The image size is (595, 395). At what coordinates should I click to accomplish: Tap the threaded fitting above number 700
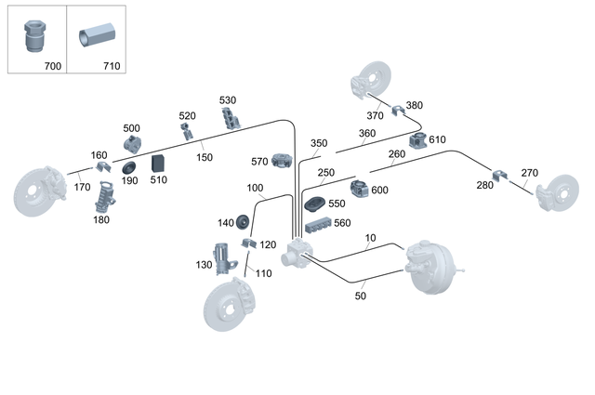(x=33, y=36)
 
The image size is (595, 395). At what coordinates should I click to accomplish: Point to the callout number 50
(x=361, y=296)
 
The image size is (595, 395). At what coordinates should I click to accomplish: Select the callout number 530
(x=228, y=100)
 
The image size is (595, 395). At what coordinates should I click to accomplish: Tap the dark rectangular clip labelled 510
(x=157, y=164)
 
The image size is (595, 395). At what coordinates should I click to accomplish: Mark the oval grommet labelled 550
(x=314, y=204)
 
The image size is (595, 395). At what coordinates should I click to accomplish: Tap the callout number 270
(x=529, y=173)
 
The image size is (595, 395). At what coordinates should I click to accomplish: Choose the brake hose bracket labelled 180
(x=106, y=196)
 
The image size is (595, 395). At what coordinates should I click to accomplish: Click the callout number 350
(x=319, y=144)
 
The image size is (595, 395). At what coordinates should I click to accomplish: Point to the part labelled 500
(x=131, y=144)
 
